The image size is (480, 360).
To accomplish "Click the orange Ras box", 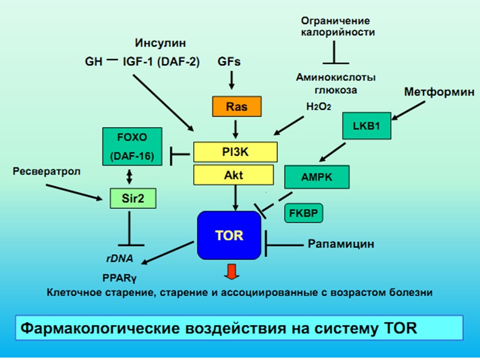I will click(236, 106).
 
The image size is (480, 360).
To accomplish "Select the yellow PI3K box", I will click(235, 152).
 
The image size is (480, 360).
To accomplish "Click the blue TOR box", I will click(229, 235).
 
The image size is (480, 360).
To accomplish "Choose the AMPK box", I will click(316, 178).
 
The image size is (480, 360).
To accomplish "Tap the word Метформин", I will click(439, 92).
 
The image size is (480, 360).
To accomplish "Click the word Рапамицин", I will click(340, 244).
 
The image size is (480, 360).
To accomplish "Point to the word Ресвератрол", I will click(46, 172).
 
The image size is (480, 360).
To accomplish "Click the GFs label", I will click(232, 60).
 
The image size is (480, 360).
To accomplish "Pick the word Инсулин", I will click(160, 43).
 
